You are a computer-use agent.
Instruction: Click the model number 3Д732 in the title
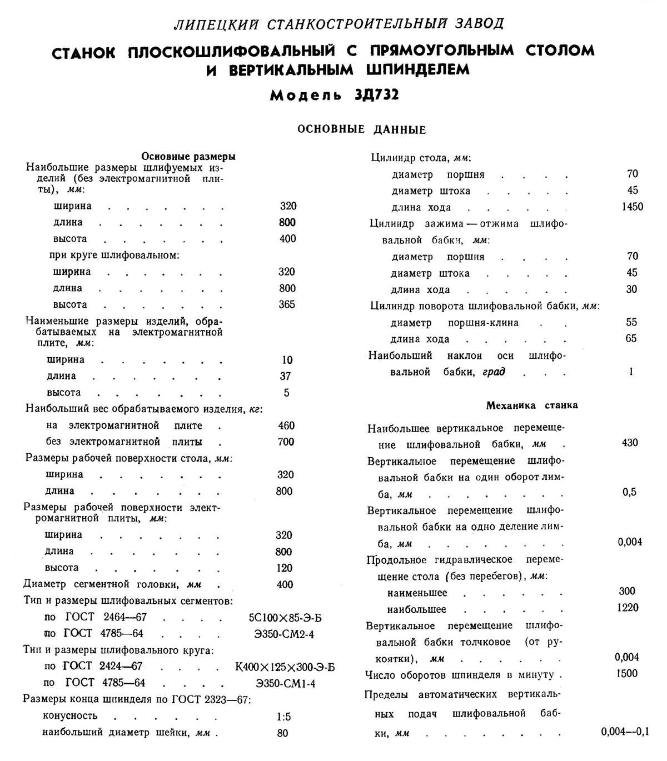376,95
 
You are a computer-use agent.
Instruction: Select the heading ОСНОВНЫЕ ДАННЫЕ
361,129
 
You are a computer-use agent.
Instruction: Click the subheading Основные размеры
188,157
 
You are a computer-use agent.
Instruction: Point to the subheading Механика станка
532,405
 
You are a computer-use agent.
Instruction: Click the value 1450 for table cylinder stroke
632,207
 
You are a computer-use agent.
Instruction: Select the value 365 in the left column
287,304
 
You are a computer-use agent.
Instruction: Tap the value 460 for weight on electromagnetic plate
286,425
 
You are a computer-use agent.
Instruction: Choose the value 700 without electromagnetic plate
286,442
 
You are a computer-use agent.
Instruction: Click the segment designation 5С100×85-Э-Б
286,617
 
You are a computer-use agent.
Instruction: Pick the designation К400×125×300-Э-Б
285,667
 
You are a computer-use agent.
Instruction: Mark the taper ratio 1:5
283,717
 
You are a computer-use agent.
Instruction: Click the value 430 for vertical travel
630,443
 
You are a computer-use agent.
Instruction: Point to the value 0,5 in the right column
629,492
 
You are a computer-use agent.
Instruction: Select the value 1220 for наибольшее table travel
628,608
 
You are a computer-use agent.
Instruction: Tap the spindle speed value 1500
627,674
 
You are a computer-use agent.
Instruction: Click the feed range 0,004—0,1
625,732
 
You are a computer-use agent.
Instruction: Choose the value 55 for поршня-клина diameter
631,322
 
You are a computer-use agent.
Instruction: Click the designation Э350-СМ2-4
284,634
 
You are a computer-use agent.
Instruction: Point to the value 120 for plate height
284,568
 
